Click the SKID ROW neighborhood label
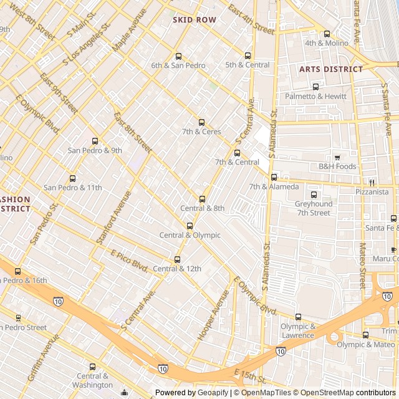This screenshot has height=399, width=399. coord(195,20)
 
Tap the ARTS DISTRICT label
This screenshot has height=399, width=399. coord(330,69)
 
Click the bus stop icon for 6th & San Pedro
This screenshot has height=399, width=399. coord(178,56)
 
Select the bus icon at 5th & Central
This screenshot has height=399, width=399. coord(248,55)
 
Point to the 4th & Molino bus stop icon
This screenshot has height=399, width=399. coord(327,34)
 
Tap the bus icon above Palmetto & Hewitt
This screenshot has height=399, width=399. coord(315,87)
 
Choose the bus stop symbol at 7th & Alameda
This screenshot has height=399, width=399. coord(274,177)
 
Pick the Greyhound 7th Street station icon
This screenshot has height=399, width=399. coord(313,195)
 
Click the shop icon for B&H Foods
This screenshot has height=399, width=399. coord(337,157)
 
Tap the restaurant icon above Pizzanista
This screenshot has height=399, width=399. coord(371,183)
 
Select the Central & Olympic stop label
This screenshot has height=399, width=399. coord(190,235)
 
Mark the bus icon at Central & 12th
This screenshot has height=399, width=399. coord(177,259)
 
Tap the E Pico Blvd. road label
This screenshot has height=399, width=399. coord(129,261)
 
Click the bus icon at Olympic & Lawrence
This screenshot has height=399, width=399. coord(298,317)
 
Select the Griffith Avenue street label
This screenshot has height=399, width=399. coord(46,357)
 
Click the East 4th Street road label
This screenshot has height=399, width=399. coord(251,19)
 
